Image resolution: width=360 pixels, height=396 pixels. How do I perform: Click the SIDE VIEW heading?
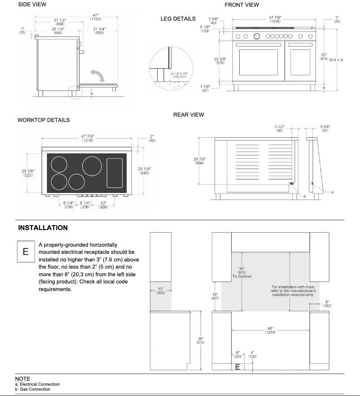pyautogui.click(x=32, y=4)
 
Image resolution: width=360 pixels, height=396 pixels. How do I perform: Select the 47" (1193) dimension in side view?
pyautogui.click(x=95, y=17)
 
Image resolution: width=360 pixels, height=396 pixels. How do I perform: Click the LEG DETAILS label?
pyautogui.click(x=178, y=19)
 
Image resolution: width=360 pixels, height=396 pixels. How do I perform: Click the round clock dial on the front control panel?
pyautogui.click(x=256, y=36)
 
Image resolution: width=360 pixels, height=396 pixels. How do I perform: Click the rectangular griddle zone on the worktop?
pyautogui.click(x=115, y=173)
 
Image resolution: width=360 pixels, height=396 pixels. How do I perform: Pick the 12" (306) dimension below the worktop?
pyautogui.click(x=103, y=205)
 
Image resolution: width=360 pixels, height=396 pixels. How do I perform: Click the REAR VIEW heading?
pyautogui.click(x=189, y=115)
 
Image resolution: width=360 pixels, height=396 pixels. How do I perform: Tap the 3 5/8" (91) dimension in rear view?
pyautogui.click(x=325, y=128)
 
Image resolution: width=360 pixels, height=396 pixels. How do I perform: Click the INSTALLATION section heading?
pyautogui.click(x=43, y=228)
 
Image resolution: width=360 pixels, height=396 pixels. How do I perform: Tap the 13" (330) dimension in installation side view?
pyautogui.click(x=160, y=290)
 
